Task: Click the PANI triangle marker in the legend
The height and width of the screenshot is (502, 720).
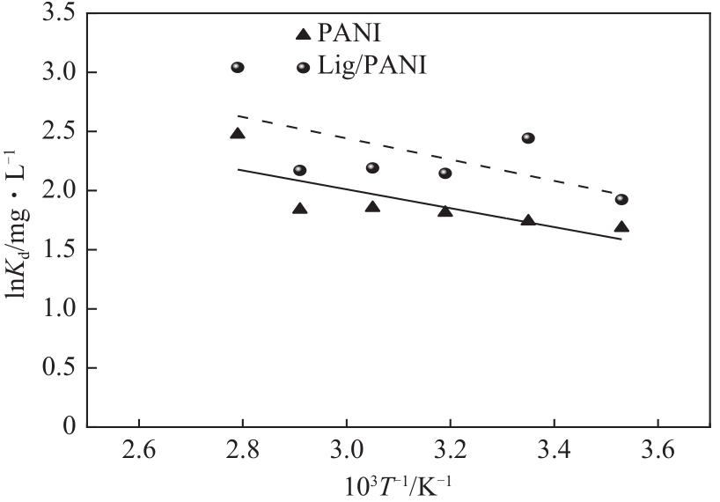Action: pyautogui.click(x=303, y=34)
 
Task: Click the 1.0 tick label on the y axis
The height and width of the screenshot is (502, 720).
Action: pyautogui.click(x=56, y=309)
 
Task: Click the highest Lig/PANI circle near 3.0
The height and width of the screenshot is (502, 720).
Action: pyautogui.click(x=238, y=67)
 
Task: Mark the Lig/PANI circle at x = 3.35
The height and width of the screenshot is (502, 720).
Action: pyautogui.click(x=528, y=138)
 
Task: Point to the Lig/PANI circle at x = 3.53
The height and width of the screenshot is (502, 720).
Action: pyautogui.click(x=621, y=199)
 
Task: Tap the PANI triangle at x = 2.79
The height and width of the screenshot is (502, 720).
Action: pyautogui.click(x=238, y=133)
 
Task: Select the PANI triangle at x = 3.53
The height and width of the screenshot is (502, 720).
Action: pyautogui.click(x=621, y=226)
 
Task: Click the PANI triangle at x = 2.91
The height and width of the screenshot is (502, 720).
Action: pyautogui.click(x=299, y=209)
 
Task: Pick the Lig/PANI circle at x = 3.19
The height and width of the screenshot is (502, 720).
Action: pyautogui.click(x=445, y=173)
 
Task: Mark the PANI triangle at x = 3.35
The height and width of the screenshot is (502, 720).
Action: pyautogui.click(x=528, y=219)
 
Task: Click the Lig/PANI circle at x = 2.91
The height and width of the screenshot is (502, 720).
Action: pyautogui.click(x=299, y=170)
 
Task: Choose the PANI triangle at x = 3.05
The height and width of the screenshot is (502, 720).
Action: pyautogui.click(x=372, y=207)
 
